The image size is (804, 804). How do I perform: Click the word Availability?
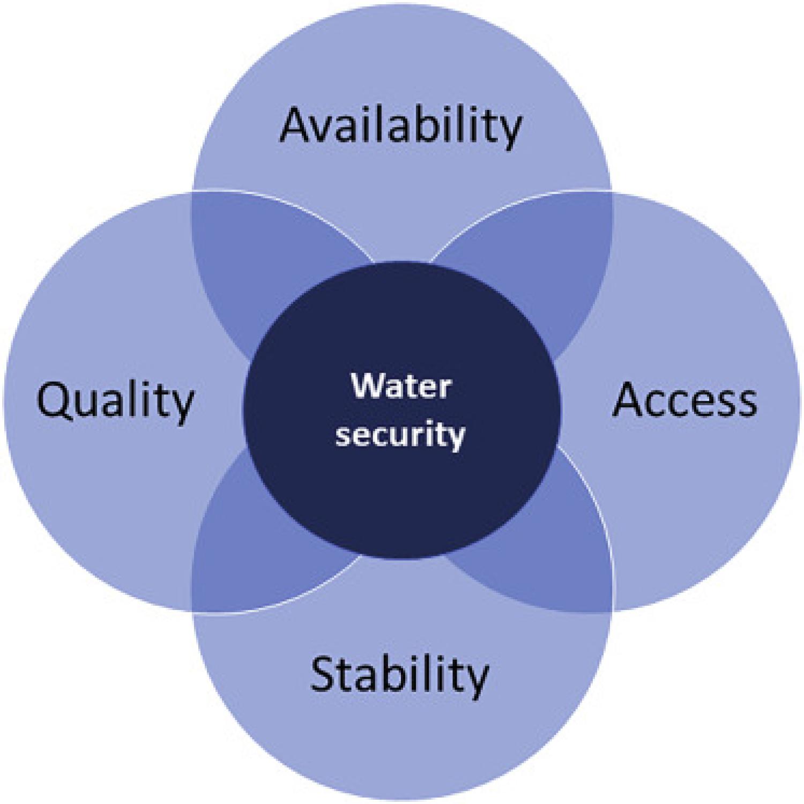click(400, 126)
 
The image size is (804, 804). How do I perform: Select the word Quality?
click(115, 402)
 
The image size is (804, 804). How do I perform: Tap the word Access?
click(684, 400)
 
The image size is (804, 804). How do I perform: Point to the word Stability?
click(399, 674)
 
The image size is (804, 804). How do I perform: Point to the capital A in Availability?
click(297, 124)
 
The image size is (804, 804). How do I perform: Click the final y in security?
click(456, 440)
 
